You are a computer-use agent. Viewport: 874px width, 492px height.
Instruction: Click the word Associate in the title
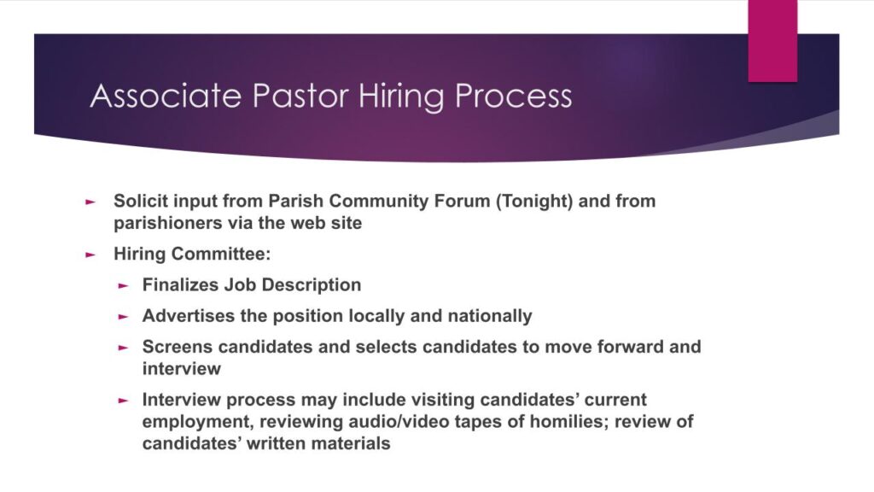(166, 96)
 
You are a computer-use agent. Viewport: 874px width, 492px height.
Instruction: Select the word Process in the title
(513, 96)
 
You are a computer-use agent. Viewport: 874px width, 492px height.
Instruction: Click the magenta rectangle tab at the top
(772, 41)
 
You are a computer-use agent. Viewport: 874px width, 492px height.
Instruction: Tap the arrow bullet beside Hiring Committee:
(90, 255)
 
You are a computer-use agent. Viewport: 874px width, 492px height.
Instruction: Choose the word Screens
(178, 347)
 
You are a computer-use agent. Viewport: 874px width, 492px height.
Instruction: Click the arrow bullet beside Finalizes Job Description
(123, 285)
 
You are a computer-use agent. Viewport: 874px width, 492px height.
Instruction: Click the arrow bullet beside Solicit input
(90, 202)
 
